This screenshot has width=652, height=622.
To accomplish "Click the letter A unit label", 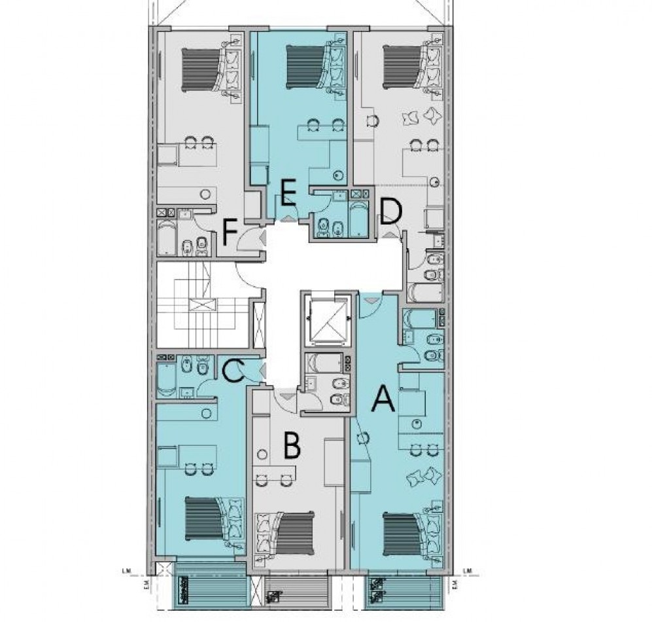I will point(383,399).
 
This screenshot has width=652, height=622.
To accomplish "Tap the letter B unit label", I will point(291,447).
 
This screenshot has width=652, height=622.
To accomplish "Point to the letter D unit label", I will point(390,211).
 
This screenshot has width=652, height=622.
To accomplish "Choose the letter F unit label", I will point(229,232).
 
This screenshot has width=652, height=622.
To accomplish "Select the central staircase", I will point(201,304).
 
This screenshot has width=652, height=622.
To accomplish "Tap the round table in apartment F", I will point(207,194).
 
